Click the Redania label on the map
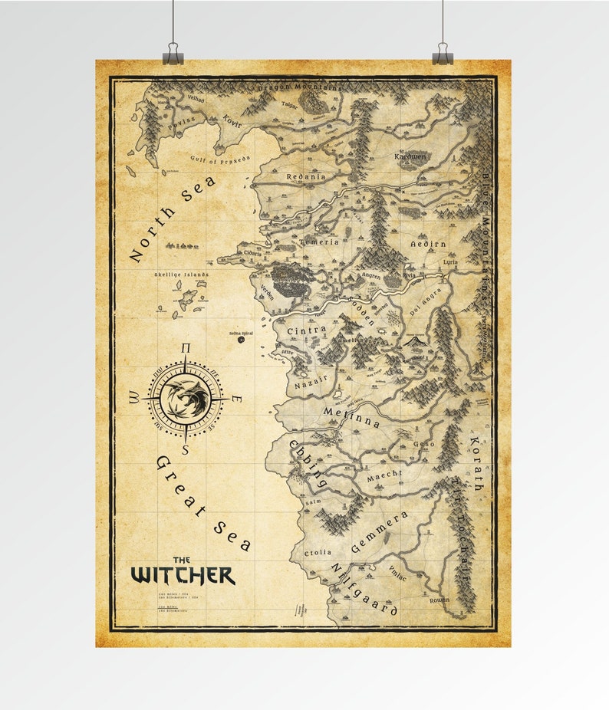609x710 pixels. pyautogui.click(x=306, y=176)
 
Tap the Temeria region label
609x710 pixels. pyautogui.click(x=319, y=242)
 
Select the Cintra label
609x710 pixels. pyautogui.click(x=306, y=330)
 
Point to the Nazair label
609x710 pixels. pyautogui.click(x=311, y=378)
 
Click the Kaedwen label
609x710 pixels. pyautogui.click(x=410, y=156)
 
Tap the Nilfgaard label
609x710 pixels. pyautogui.click(x=364, y=588)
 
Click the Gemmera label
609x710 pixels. pyautogui.click(x=379, y=532)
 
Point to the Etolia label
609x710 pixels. pyautogui.click(x=318, y=552)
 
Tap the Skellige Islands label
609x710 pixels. pyautogui.click(x=181, y=274)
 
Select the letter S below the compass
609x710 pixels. pyautogui.click(x=185, y=450)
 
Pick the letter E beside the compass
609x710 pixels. pyautogui.click(x=237, y=399)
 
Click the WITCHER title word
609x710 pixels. pyautogui.click(x=183, y=575)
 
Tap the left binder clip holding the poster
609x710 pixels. pyautogui.click(x=173, y=56)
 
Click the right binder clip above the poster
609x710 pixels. pyautogui.click(x=443, y=56)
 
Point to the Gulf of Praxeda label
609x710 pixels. pyautogui.click(x=220, y=159)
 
